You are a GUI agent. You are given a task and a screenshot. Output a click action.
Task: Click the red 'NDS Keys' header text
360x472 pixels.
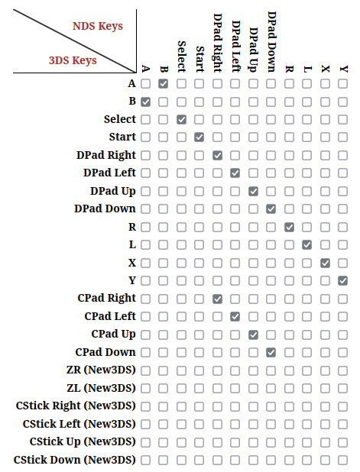tap(98, 26)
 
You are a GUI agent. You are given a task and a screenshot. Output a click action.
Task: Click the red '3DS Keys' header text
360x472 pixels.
tap(73, 60)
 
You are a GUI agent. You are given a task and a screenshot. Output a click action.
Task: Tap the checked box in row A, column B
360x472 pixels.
tap(164, 84)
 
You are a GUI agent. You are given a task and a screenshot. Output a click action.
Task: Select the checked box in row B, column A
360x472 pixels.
tap(145, 102)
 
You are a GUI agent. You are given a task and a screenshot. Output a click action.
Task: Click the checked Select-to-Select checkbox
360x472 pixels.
tap(181, 119)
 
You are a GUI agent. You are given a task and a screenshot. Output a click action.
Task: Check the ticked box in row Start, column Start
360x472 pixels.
tap(199, 137)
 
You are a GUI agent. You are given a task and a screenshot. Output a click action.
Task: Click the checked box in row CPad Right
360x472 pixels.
tap(217, 299)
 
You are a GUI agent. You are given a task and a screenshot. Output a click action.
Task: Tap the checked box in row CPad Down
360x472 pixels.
tap(271, 353)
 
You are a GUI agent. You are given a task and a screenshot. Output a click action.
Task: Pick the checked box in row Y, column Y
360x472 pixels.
tap(343, 281)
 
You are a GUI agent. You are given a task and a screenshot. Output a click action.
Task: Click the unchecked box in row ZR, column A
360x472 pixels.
tap(145, 370)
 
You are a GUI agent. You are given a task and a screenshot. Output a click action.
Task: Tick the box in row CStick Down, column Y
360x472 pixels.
tap(343, 461)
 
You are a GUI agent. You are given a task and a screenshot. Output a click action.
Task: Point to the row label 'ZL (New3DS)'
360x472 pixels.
tap(101, 388)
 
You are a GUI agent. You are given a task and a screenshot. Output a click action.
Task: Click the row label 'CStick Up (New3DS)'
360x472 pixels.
tap(83, 441)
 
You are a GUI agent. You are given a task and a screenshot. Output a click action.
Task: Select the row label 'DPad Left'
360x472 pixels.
tap(109, 173)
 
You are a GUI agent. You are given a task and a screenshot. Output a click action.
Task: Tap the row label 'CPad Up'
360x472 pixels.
tap(113, 334)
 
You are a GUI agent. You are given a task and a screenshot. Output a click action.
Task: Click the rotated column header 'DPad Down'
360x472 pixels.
tap(271, 42)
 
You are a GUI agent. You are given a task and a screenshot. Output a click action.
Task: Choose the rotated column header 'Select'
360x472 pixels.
tap(182, 57)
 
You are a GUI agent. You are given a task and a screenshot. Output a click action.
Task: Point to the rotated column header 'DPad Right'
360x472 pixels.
tap(218, 43)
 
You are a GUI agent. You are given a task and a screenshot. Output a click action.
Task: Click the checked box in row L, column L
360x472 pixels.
tap(307, 244)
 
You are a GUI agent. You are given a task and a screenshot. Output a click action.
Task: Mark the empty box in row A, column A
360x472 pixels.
tap(145, 84)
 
